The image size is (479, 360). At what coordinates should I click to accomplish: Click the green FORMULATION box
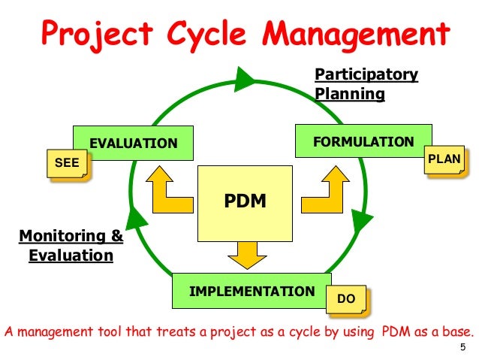[x=364, y=141]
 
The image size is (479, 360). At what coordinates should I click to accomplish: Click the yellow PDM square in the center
[x=246, y=202]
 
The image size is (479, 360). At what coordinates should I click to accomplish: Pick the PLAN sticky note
[x=443, y=159]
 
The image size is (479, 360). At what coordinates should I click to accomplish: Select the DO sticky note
[x=346, y=299]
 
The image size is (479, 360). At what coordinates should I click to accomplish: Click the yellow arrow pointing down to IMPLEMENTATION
[x=246, y=253]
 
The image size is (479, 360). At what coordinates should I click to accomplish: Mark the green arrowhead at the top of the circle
[x=244, y=78]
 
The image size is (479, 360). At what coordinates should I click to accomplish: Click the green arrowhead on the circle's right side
[x=361, y=220]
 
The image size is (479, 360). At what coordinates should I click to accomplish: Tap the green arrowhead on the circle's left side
[x=135, y=219]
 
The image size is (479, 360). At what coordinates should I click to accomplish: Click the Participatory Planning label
[x=366, y=84]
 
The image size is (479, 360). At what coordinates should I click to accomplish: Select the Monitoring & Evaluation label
[x=71, y=246]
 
